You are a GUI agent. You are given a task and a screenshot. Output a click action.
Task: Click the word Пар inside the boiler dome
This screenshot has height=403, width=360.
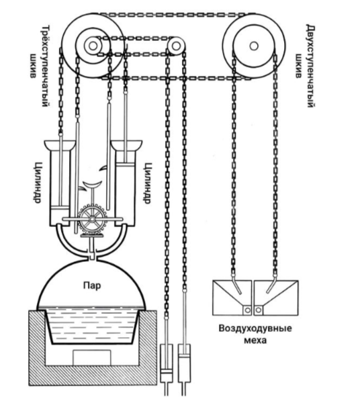point(92,285)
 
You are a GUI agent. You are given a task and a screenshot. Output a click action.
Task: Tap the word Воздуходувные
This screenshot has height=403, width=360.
point(255,328)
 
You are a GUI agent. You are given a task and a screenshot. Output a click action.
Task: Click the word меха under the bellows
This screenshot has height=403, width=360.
point(255,341)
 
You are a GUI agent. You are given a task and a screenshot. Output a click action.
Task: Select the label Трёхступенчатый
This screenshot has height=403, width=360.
point(45,66)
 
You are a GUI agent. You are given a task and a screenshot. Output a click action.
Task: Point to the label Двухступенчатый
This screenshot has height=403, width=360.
point(311,66)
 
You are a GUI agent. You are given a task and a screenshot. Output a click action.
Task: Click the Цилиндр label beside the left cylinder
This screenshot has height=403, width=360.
point(38,183)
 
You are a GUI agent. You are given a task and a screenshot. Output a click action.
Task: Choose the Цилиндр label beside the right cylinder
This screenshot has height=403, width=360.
point(146,183)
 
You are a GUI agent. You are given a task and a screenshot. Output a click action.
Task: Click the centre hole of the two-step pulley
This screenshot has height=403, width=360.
point(254,46)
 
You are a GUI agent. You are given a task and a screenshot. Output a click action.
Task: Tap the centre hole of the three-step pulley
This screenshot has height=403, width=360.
point(93,46)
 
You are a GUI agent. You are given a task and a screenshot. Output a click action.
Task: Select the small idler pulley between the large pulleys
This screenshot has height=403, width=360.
point(176,46)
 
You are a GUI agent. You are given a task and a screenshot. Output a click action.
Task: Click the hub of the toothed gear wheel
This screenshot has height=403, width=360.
point(92,219)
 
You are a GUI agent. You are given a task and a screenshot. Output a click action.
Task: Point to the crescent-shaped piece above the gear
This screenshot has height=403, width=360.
point(92,185)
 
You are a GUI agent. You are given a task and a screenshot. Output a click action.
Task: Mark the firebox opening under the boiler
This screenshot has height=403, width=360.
point(92,357)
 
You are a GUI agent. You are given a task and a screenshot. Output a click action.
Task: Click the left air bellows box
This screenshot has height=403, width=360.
point(232,298)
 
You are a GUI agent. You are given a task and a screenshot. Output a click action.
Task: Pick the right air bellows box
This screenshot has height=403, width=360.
point(276,298)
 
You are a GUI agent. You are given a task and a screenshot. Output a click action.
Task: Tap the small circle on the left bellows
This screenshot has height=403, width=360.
point(247,310)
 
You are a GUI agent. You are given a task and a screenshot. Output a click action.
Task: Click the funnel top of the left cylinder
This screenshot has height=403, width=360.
point(60,145)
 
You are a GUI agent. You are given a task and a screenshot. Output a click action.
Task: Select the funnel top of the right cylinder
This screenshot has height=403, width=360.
point(126,145)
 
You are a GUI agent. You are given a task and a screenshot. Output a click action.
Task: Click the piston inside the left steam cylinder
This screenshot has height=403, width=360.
point(60,208)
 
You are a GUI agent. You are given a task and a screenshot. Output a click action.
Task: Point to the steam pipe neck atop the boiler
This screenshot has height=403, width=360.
point(92,256)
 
